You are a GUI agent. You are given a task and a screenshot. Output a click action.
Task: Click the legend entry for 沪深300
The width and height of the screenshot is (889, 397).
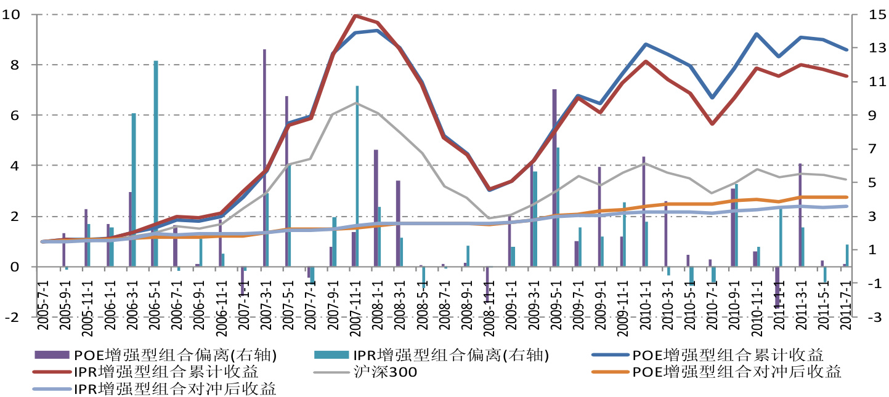(386, 372)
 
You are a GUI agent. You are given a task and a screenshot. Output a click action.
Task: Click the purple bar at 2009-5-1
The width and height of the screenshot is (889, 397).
(554, 178)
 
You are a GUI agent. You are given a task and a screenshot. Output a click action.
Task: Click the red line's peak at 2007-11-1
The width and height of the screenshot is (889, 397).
(357, 15)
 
